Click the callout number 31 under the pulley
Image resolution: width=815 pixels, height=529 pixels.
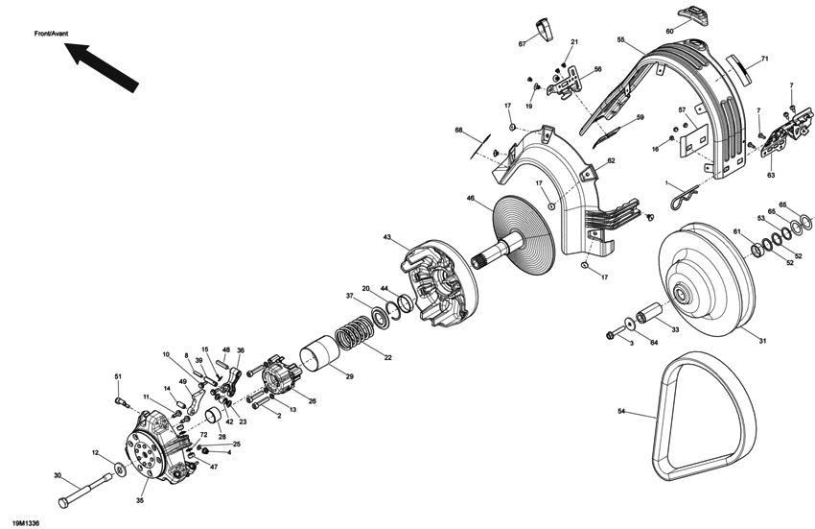click(763, 342)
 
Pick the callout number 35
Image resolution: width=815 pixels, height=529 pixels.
click(141, 500)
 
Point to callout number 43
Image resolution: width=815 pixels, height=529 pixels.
click(387, 237)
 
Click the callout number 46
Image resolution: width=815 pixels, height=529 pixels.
click(471, 199)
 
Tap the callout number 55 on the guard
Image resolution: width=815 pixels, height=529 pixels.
click(621, 39)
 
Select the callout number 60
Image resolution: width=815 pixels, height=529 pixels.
click(696, 32)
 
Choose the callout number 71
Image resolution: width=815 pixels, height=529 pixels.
click(765, 60)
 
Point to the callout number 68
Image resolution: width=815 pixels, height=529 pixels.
click(458, 131)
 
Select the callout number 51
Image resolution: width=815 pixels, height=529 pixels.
click(118, 375)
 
